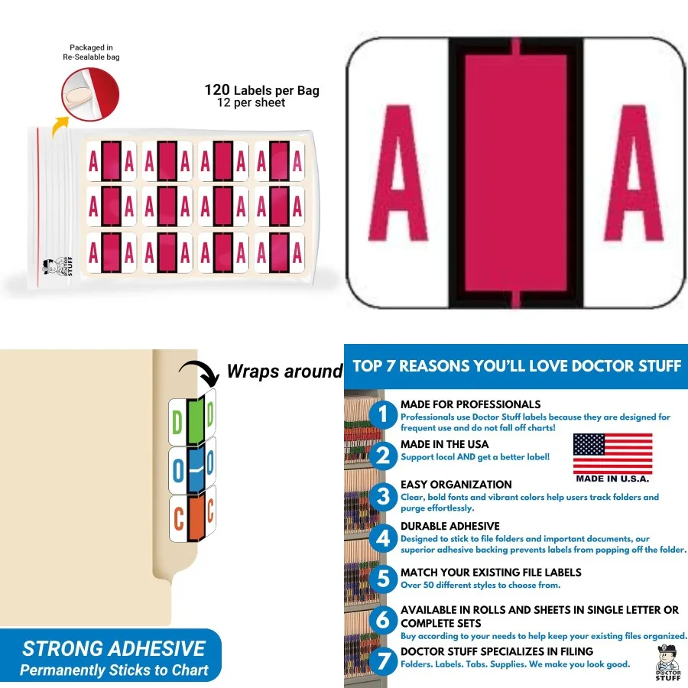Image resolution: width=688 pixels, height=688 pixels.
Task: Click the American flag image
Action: click(x=612, y=453)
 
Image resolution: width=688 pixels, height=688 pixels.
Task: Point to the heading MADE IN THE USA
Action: click(x=444, y=444)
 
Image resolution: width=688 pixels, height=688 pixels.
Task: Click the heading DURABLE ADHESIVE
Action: click(x=449, y=526)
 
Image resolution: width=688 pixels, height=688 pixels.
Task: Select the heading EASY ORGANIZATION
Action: click(x=456, y=485)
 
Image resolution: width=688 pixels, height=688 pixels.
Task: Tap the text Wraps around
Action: click(x=284, y=372)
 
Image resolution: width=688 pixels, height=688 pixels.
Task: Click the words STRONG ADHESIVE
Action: click(x=113, y=649)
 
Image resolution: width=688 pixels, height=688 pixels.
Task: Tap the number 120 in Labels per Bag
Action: click(x=217, y=89)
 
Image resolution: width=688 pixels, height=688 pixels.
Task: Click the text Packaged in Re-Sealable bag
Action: click(x=91, y=52)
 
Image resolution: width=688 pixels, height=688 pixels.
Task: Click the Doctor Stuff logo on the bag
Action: click(x=51, y=268)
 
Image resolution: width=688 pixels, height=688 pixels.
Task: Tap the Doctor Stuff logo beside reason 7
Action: click(x=667, y=661)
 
